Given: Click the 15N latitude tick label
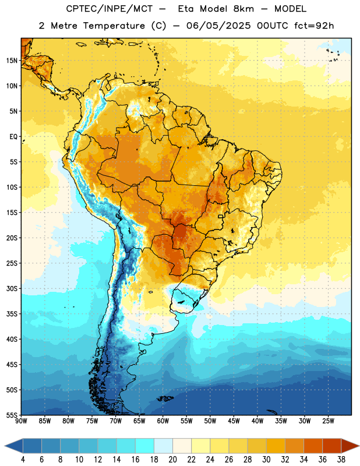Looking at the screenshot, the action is click(12, 61).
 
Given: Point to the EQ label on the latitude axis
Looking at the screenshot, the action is click(13, 137).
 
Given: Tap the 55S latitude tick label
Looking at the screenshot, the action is click(12, 415).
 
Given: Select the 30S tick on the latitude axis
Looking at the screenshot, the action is click(12, 288).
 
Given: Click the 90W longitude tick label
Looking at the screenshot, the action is click(21, 421).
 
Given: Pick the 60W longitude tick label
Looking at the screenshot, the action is click(163, 421).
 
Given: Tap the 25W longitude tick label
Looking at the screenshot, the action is click(328, 421).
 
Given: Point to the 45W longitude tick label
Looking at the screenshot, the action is click(234, 421).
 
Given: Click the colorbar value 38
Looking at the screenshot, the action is click(341, 460).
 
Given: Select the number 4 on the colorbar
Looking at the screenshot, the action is click(23, 460).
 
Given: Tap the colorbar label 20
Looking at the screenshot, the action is click(172, 460).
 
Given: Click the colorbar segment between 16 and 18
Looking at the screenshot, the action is click(145, 446).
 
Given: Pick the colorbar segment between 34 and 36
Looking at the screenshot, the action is click(313, 446).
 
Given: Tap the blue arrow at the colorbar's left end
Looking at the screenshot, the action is click(14, 446).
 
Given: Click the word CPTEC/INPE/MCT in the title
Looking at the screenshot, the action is click(109, 9).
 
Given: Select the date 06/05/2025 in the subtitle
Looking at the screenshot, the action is click(218, 26).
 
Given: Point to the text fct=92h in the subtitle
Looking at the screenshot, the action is click(314, 26).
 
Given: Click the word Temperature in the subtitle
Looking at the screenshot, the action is click(114, 26).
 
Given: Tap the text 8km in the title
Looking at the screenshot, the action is click(243, 9).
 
